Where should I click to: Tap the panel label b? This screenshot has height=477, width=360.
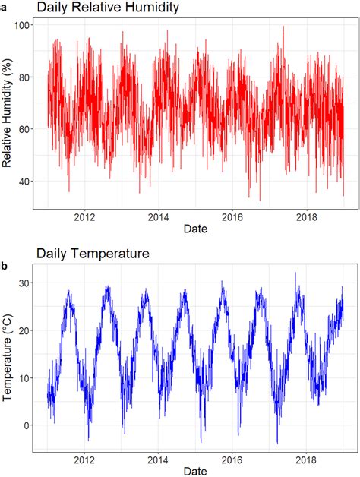[x=5, y=266]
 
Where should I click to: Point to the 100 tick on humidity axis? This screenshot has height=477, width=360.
[x=23, y=26]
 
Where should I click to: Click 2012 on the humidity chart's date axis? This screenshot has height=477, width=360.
[x=84, y=216]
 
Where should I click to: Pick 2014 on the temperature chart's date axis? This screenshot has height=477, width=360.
[x=159, y=460]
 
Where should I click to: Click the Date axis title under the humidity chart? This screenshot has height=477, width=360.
[x=195, y=228]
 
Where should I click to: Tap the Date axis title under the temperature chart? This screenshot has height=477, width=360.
[x=195, y=471]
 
